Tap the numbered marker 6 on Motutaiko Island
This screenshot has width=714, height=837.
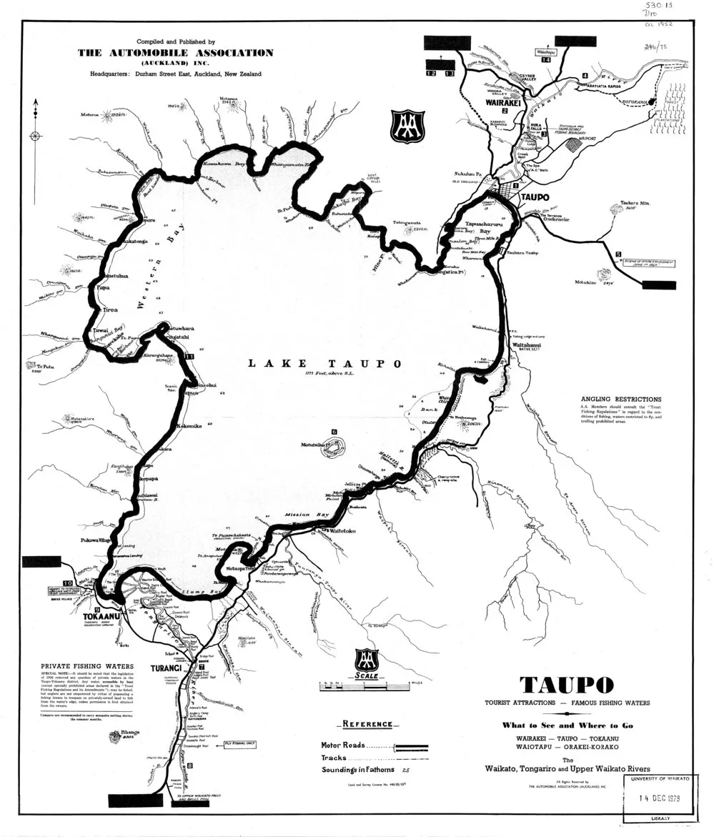(x=334, y=432)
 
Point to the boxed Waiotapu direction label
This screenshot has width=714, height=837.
(x=546, y=51)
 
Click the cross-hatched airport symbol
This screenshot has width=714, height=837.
(x=572, y=144)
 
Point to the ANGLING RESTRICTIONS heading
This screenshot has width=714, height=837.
(x=620, y=400)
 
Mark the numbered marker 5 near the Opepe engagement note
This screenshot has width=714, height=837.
(x=618, y=253)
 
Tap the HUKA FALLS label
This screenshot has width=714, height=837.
(x=532, y=126)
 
